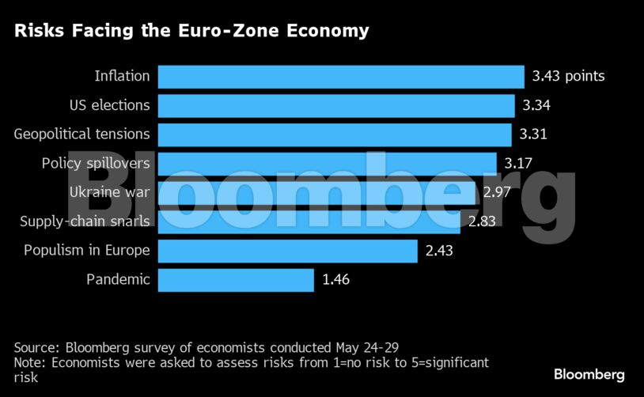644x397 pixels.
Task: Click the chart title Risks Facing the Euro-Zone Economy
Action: [x=190, y=31]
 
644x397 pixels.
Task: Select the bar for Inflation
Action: [x=341, y=77]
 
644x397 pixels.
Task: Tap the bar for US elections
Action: [x=336, y=105]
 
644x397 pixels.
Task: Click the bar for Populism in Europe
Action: [x=287, y=251]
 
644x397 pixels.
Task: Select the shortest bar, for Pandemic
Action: [x=236, y=279]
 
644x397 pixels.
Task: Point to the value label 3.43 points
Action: [x=568, y=77]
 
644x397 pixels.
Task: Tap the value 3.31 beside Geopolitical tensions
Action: [x=533, y=134]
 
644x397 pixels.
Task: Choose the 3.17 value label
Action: [x=519, y=164]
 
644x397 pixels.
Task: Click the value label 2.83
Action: [x=481, y=221]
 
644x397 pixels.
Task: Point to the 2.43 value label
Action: [x=439, y=251]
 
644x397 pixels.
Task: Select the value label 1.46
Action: [x=335, y=279]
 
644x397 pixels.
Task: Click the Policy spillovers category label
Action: [x=96, y=164]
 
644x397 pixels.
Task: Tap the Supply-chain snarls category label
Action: [x=85, y=221]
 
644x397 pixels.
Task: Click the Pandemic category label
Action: [x=118, y=279]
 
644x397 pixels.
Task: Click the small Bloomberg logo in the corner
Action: [x=589, y=374]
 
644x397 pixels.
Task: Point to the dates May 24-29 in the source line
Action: [x=370, y=347]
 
